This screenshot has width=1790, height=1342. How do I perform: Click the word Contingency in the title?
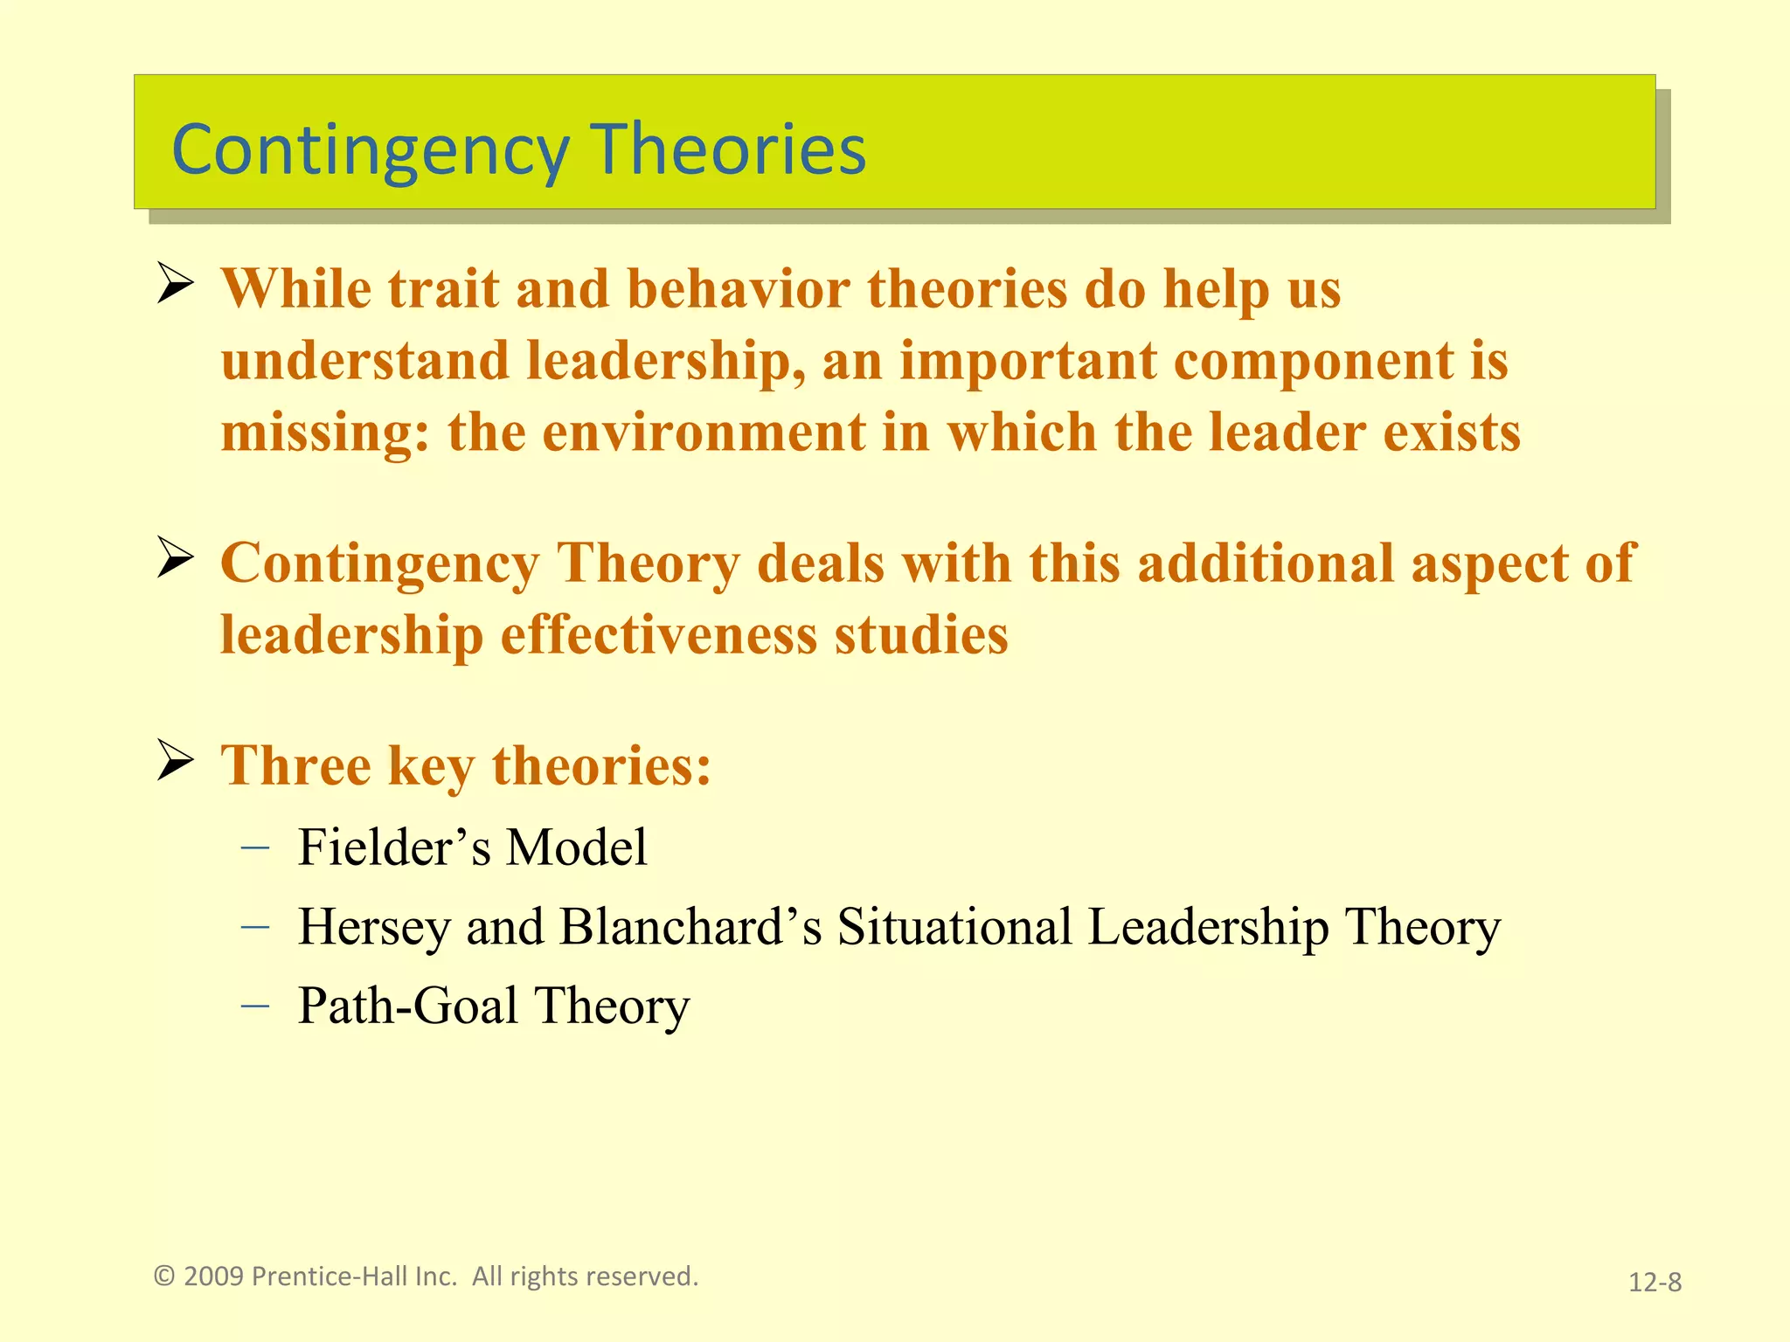tap(370, 150)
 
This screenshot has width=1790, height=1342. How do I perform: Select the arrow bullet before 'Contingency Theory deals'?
tap(175, 558)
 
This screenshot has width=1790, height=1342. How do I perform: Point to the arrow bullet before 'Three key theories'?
tap(175, 760)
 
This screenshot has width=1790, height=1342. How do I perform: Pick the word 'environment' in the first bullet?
tap(704, 432)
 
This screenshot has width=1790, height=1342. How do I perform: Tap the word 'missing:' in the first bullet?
tap(325, 434)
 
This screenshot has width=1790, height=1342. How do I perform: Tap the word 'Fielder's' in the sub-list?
tap(394, 847)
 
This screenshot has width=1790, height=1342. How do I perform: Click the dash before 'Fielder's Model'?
tap(254, 847)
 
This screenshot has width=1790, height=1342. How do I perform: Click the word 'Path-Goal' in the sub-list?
tap(408, 1006)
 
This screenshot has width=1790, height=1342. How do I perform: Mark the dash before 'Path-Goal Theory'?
tap(254, 1006)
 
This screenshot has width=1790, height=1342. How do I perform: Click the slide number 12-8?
tap(1655, 1282)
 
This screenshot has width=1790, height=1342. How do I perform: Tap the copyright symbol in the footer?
tap(164, 1276)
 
